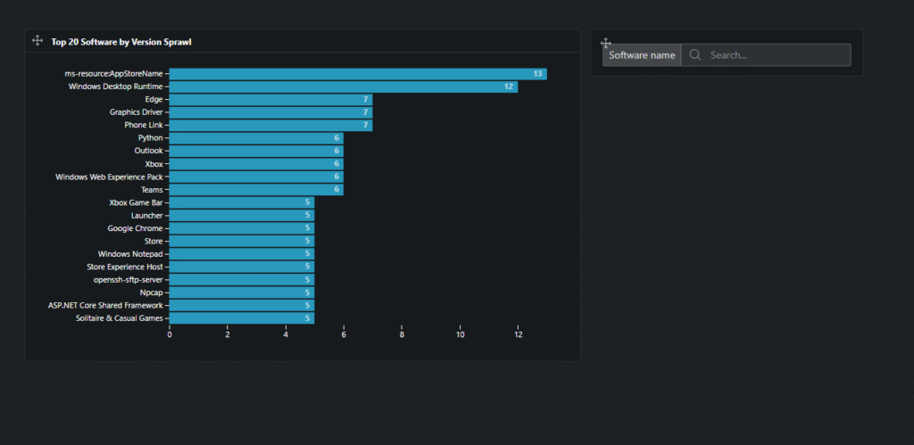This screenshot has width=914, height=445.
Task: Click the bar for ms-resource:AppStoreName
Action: point(357,74)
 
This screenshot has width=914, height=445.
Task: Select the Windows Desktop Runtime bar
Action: point(343,87)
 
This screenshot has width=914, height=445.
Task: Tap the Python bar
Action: point(256,138)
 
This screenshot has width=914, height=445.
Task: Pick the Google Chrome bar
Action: point(241,228)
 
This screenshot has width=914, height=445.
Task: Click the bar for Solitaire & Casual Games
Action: point(241,318)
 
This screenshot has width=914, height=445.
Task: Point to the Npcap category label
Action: point(151,293)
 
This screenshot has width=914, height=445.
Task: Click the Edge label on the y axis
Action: point(154,100)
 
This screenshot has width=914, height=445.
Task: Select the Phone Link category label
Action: point(143,126)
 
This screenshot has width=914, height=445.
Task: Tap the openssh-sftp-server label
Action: point(134,280)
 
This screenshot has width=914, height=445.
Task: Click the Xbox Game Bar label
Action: point(136,202)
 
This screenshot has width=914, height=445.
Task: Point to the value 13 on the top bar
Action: point(537,74)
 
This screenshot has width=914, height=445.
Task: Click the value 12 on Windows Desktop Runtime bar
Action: point(509,87)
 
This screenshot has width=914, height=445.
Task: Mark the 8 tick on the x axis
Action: point(402,335)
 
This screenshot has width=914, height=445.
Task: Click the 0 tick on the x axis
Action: point(170,335)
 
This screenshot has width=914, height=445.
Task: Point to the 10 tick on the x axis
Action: point(460,335)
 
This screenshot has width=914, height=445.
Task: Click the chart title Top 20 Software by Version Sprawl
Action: point(120,42)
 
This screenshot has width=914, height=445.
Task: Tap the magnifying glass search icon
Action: point(695,55)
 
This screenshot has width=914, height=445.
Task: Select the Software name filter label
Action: point(642,55)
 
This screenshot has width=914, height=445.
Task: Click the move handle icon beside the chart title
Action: point(37,41)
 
